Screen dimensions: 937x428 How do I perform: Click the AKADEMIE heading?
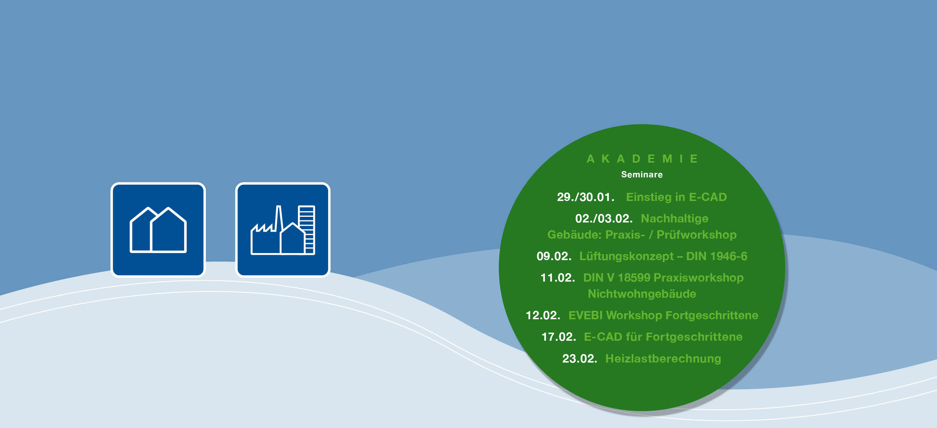(x=642, y=159)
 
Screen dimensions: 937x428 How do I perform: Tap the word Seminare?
(x=642, y=175)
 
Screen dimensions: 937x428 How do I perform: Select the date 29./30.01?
(x=586, y=197)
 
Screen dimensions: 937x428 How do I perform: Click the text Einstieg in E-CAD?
(x=676, y=197)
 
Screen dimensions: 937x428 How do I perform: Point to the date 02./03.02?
(x=604, y=219)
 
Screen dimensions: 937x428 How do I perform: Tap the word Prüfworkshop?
(x=697, y=234)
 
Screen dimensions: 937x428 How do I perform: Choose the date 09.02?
(x=554, y=256)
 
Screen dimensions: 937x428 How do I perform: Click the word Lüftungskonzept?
(x=626, y=257)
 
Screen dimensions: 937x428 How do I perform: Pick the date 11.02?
(x=558, y=278)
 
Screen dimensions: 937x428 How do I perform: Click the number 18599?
(x=634, y=278)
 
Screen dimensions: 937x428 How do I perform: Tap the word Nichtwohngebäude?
(x=642, y=294)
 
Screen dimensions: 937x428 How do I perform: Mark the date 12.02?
(x=543, y=315)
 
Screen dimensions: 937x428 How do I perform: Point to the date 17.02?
(x=559, y=337)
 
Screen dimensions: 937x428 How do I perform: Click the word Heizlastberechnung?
(x=663, y=359)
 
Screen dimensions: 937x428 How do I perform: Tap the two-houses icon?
(x=158, y=230)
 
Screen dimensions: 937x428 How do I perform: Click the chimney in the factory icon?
(x=279, y=219)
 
